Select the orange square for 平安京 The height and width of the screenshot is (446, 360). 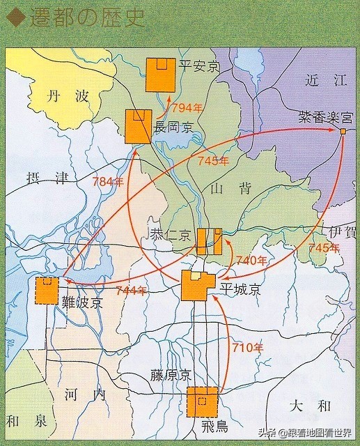[161, 75]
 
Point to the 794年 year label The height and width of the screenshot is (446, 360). [187, 108]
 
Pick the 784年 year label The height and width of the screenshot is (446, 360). [107, 183]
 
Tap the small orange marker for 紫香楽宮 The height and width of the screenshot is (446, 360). [343, 130]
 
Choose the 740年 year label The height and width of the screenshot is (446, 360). [252, 261]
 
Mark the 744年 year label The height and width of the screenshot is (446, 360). [132, 290]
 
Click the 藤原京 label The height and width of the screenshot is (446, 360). [170, 374]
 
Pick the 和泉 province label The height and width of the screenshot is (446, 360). [24, 420]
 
